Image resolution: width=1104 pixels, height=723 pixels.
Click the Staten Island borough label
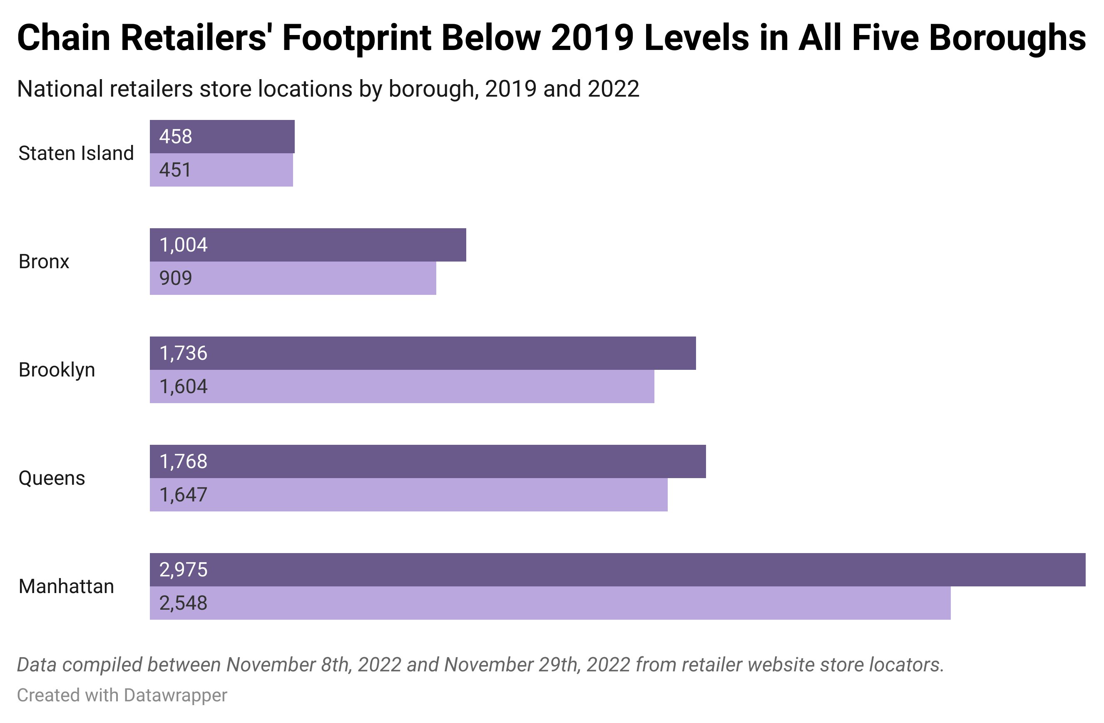pos(76,153)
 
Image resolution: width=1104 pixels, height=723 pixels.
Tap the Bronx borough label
pos(44,262)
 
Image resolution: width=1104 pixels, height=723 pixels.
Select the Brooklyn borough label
pos(57,370)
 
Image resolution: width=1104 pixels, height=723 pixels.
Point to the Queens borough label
pos(52,478)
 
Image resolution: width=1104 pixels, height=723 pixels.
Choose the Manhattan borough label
pos(66,586)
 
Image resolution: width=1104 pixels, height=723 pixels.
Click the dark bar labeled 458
pos(222,137)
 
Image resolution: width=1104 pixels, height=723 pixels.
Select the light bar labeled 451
pos(221,170)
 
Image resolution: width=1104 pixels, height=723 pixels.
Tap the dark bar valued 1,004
pos(308,245)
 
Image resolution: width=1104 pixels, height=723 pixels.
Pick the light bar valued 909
pos(293,278)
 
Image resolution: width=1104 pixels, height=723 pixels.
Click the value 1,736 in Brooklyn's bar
pos(183,353)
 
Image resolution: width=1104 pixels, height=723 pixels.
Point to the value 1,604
pos(183,386)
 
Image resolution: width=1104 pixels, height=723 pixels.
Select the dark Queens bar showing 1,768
pos(427,462)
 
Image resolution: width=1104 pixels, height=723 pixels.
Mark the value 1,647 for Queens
pos(183,495)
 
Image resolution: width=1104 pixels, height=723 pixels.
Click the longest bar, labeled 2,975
pos(617,570)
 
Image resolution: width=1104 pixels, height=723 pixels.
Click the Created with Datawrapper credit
pos(122,695)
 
